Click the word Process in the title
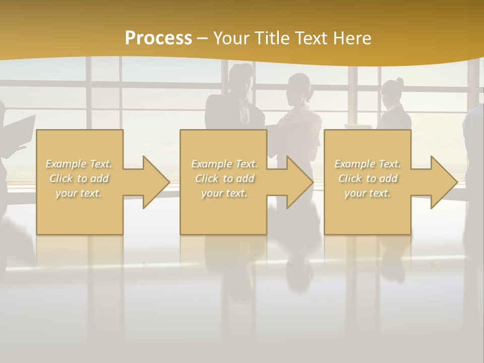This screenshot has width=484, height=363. pos(158,38)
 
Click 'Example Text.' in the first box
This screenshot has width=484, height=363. pos(79,164)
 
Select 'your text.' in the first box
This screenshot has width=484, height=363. pos(79,193)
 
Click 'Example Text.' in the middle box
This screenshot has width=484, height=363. pos(224,164)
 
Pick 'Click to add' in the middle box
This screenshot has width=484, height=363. pos(224,178)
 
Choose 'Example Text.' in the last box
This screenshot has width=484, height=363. pos(368,164)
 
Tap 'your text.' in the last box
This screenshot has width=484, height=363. pos(368,193)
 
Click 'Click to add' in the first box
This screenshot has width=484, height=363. pos(79,178)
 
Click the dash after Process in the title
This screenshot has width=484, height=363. pos(203,38)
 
